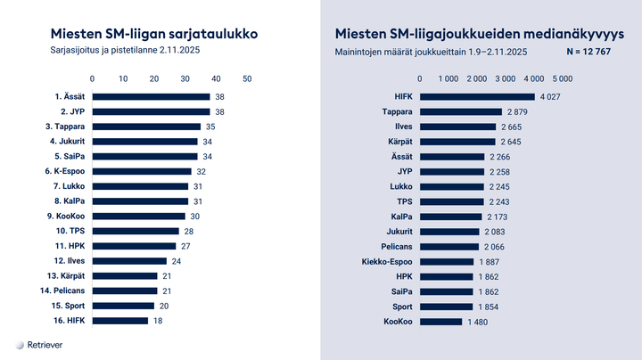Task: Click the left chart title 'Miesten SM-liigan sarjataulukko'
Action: pos(154,34)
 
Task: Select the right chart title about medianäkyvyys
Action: pos(480,34)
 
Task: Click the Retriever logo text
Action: pos(45,344)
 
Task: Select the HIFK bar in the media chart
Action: pos(473,97)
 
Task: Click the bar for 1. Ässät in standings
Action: pos(152,97)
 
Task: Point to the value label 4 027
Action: pos(548,97)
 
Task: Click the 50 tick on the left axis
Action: pos(247,78)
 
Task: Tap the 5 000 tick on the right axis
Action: pos(560,78)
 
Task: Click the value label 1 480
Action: pos(479,321)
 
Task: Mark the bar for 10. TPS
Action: pos(136,231)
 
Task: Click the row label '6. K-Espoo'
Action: pos(64,171)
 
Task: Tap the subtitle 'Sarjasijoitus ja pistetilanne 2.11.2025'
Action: pos(125,52)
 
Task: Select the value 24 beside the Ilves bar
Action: pos(177,261)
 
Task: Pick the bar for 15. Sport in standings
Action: pos(123,306)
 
